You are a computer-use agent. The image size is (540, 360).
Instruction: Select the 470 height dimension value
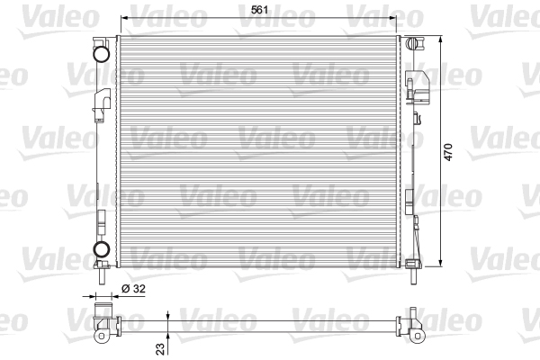tap(447, 154)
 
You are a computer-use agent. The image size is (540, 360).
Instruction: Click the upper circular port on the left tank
tap(101, 53)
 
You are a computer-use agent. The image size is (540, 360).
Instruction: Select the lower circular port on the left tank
tap(101, 249)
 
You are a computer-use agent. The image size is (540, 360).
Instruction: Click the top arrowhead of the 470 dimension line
tap(439, 41)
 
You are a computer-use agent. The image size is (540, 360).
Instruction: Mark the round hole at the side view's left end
tap(102, 336)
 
